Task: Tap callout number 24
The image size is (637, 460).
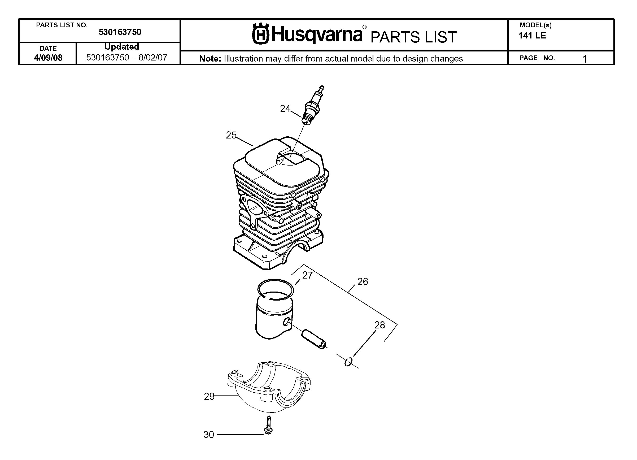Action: pyautogui.click(x=285, y=109)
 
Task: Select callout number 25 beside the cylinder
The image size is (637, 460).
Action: pyautogui.click(x=231, y=136)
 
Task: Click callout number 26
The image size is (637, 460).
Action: pyautogui.click(x=363, y=281)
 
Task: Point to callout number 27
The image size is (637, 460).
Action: pyautogui.click(x=308, y=275)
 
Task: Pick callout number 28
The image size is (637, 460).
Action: pyautogui.click(x=380, y=325)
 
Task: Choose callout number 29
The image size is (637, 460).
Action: pyautogui.click(x=209, y=397)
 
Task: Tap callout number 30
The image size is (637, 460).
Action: pyautogui.click(x=209, y=435)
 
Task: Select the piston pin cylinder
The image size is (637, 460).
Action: pyautogui.click(x=314, y=339)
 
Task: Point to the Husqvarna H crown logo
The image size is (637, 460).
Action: pyautogui.click(x=261, y=34)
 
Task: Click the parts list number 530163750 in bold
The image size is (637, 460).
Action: pyautogui.click(x=120, y=32)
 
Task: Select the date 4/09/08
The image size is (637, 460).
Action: pyautogui.click(x=48, y=58)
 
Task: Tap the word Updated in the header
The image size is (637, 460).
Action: pyautogui.click(x=122, y=47)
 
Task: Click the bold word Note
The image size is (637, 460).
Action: pyautogui.click(x=210, y=58)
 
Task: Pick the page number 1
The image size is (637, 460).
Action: pyautogui.click(x=585, y=59)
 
